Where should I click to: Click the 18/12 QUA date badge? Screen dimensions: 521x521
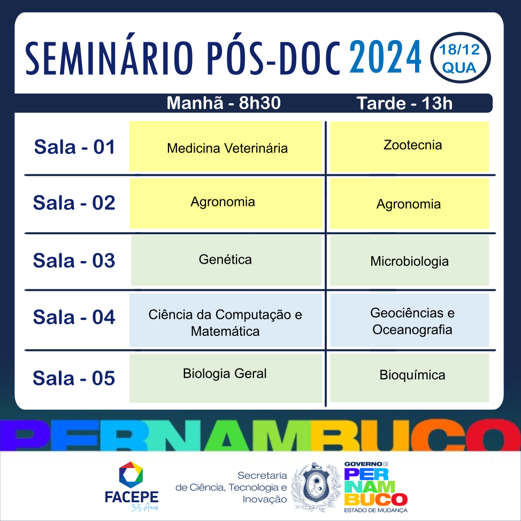460,58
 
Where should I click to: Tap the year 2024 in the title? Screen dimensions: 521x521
385,57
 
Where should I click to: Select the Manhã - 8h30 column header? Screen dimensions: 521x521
224,103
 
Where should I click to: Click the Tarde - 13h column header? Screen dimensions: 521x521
404,103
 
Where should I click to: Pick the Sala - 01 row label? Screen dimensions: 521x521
74,147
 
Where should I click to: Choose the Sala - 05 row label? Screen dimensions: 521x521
74,378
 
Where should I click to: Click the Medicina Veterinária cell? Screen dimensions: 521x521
226,146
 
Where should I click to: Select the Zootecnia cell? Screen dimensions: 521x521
409,147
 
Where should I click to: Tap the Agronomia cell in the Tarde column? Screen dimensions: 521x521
409,203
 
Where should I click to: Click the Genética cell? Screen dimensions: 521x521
227,260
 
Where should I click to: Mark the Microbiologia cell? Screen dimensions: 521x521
409,260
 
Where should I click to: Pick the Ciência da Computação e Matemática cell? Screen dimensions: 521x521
226,320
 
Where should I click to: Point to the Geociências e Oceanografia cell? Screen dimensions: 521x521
409,320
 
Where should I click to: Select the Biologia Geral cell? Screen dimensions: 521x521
226,378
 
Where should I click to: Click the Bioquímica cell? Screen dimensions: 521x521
409,378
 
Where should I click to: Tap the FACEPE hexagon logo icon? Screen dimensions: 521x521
131,473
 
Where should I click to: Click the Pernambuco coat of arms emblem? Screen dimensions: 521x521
316,487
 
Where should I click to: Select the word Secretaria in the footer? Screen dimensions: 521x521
262,476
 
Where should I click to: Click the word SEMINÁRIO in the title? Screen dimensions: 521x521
109,58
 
